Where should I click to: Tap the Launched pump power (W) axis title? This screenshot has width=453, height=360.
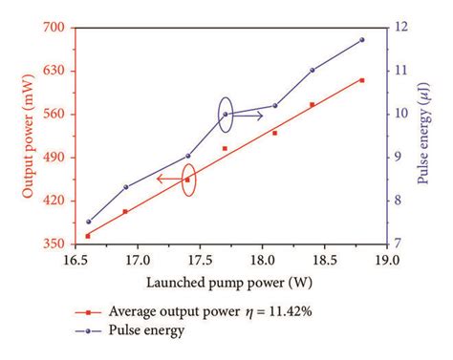(x=228, y=283)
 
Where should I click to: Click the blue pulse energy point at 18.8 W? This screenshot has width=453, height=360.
(x=361, y=40)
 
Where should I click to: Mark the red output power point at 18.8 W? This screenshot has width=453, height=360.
(x=361, y=80)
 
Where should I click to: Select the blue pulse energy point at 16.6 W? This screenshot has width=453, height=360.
(x=88, y=222)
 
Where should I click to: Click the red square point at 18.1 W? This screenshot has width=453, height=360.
(x=274, y=133)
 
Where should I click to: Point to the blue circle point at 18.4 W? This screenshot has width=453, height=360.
(x=313, y=70)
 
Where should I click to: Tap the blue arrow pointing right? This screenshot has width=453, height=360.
(x=248, y=116)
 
